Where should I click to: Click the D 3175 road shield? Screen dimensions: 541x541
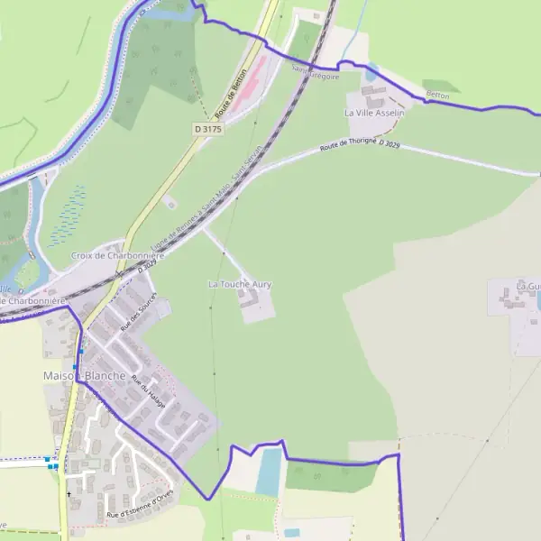click(x=207, y=129)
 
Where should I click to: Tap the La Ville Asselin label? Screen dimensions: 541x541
click(x=374, y=113)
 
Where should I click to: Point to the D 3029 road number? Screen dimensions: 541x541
click(x=390, y=143)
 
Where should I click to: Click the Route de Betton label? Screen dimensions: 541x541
click(x=231, y=96)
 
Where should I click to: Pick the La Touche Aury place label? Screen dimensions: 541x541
click(x=240, y=284)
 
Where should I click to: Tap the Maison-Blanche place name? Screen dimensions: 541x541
click(x=84, y=375)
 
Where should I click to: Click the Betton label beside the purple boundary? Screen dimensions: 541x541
click(x=437, y=95)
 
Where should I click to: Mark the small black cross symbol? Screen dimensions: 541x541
click(x=69, y=494)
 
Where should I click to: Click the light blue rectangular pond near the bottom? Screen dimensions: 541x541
click(x=269, y=472)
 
